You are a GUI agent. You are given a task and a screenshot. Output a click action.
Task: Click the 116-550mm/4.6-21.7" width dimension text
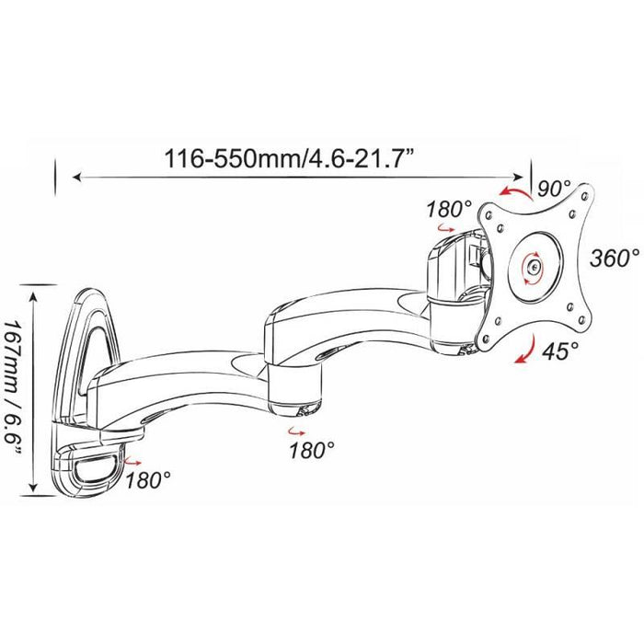pos(289,158)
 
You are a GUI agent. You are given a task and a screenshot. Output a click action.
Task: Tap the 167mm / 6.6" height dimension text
pos(13,387)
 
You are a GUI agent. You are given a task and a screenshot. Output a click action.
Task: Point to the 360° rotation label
pos(615,259)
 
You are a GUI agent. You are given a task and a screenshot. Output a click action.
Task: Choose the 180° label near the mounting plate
pos(449,210)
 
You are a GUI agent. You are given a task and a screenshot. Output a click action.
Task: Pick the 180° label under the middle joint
pos(312,451)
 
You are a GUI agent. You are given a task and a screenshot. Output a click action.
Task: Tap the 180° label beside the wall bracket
pos(148,480)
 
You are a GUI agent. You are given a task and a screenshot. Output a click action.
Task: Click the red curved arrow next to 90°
pos(515,192)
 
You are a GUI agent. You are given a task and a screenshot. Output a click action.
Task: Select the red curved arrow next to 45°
pos(525,350)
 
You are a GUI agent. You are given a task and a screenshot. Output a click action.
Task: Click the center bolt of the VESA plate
pos(534,268)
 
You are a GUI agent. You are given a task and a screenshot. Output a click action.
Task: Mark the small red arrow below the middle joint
pos(296,431)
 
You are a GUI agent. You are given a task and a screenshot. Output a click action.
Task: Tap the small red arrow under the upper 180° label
pos(445,227)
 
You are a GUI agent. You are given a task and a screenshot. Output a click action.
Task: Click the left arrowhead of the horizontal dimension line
pos(76,177)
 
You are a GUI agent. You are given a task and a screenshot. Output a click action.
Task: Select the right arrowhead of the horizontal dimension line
pos(519,177)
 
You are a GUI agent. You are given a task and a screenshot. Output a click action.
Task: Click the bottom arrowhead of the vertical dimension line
pos(34,488)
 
